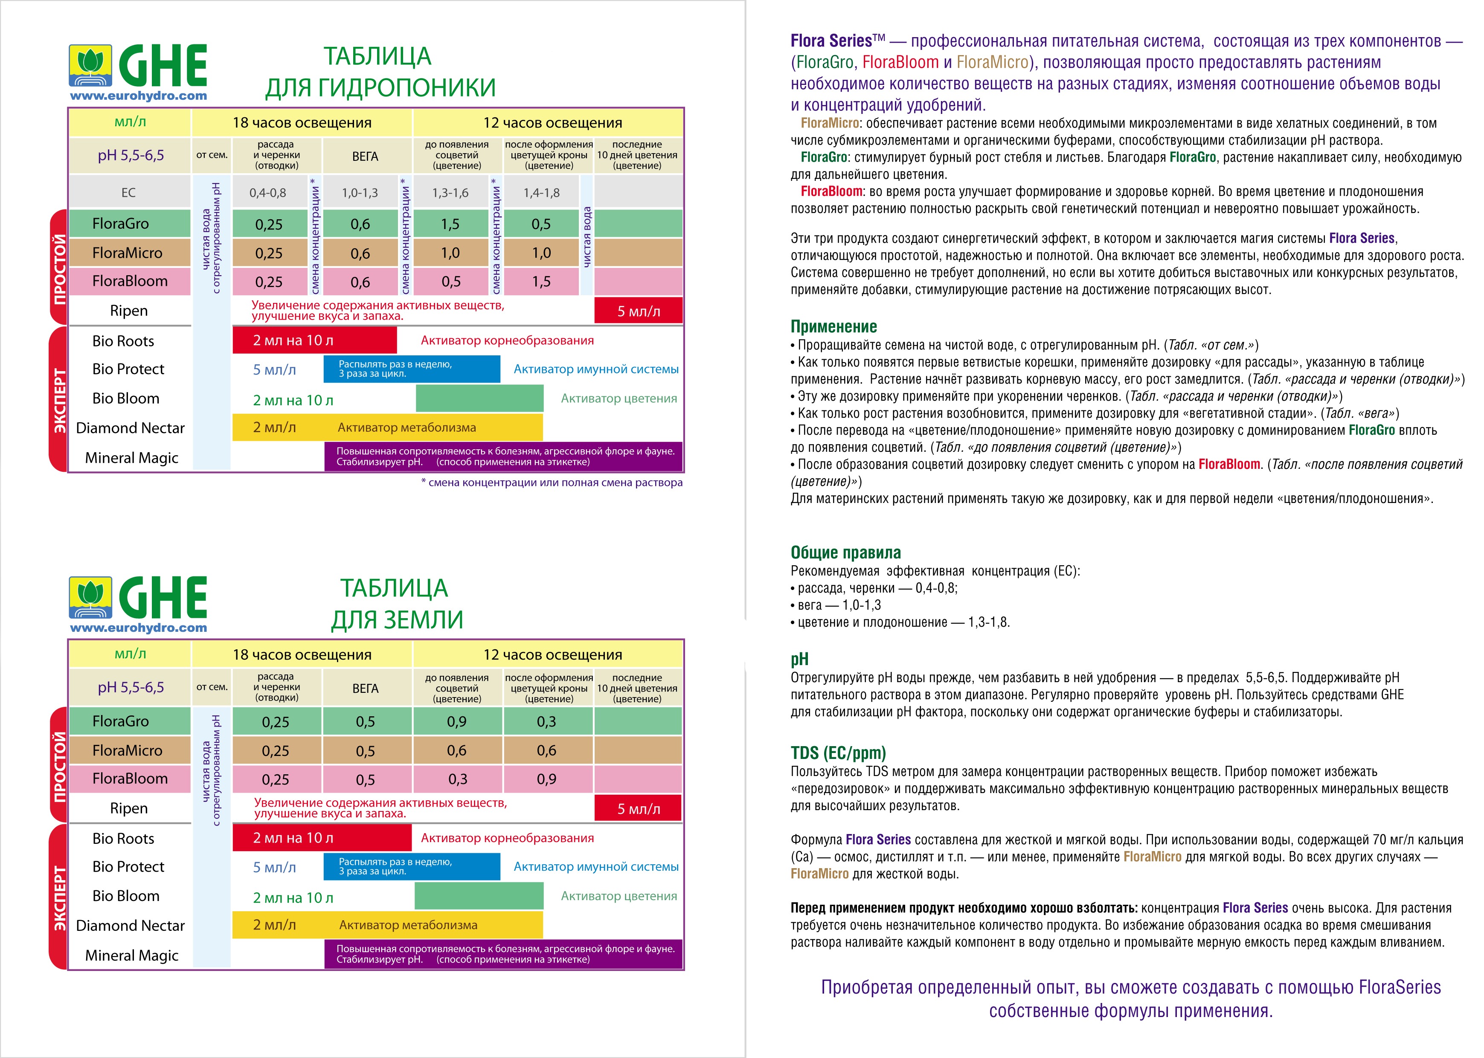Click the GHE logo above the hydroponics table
138,67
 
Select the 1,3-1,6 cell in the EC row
450,193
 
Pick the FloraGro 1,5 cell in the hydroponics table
450,224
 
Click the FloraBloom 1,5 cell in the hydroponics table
541,282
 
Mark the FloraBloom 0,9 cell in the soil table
546,779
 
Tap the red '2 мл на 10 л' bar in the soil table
322,838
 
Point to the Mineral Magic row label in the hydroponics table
131,458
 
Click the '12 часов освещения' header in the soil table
552,655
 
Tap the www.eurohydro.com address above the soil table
138,628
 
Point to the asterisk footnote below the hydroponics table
552,483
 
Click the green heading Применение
833,326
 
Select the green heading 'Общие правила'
845,552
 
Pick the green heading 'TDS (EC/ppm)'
838,753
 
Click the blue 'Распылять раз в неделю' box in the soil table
412,866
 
